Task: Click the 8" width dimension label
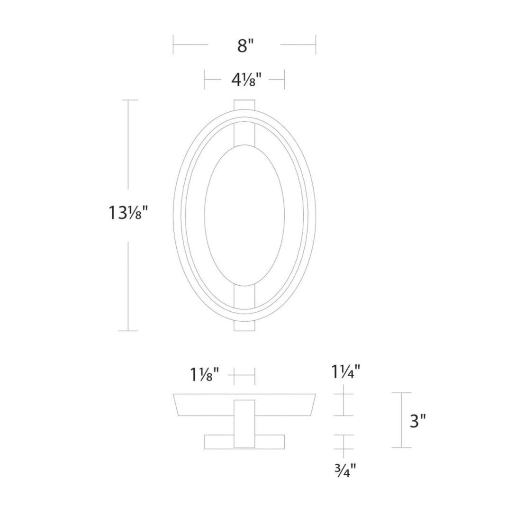(x=244, y=46)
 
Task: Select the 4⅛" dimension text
(x=244, y=80)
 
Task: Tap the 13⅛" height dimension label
(x=129, y=214)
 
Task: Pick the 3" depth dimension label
(x=417, y=421)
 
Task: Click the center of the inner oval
(x=244, y=215)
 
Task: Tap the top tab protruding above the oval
(x=245, y=104)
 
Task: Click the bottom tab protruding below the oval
(x=245, y=326)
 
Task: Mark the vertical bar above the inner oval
(x=245, y=133)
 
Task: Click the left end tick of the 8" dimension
(x=173, y=45)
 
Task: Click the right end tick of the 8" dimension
(x=316, y=45)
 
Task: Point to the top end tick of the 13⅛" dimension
(x=129, y=100)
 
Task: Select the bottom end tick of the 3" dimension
(x=401, y=448)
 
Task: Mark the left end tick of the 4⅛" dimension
(x=205, y=79)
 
